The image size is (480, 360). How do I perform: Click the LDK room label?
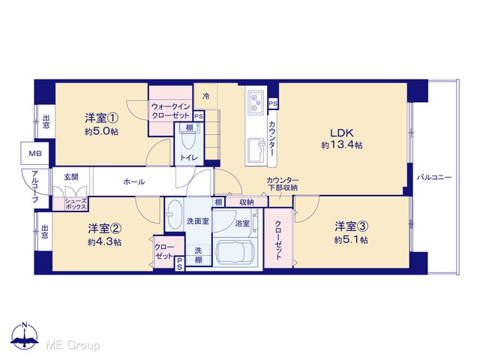pyautogui.click(x=342, y=133)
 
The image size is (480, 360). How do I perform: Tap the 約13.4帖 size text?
pyautogui.click(x=342, y=145)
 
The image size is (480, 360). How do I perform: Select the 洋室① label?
pyautogui.click(x=102, y=118)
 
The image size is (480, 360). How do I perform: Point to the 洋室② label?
pyautogui.click(x=105, y=228)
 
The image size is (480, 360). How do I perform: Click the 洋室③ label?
pyautogui.click(x=351, y=226)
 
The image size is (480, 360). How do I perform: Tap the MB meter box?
pyautogui.click(x=35, y=153)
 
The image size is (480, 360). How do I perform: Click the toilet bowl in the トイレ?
pyautogui.click(x=189, y=140)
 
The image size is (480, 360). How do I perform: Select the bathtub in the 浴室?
pyautogui.click(x=235, y=252)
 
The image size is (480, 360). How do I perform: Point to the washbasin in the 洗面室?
pyautogui.click(x=174, y=214)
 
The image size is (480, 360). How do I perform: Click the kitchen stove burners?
pyautogui.click(x=256, y=103)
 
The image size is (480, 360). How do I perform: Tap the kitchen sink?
pyautogui.click(x=256, y=151)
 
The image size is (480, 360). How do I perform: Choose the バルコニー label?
pyautogui.click(x=434, y=177)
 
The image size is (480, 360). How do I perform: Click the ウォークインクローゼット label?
pyautogui.click(x=170, y=111)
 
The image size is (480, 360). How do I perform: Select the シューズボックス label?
pyautogui.click(x=76, y=204)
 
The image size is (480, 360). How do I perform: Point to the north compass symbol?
pyautogui.click(x=25, y=336)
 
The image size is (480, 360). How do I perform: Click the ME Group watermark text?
pyautogui.click(x=73, y=345)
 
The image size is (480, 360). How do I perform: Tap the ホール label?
pyautogui.click(x=133, y=181)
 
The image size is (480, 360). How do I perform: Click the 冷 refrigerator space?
pyautogui.click(x=206, y=96)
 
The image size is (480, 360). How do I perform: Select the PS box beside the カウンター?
pyautogui.click(x=273, y=103)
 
